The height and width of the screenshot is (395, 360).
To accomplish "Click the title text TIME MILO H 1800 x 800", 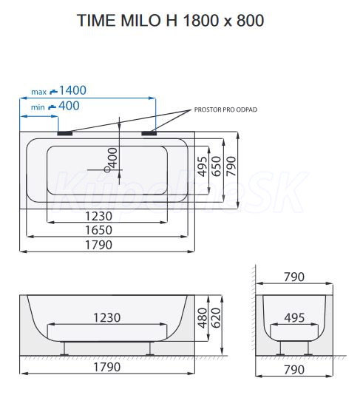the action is coord(171,20).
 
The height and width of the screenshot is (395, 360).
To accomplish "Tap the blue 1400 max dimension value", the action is coord(72,90).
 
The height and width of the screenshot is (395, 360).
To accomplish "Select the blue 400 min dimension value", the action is coord(69,106).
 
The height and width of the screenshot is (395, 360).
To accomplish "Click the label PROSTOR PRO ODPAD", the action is coord(225,109).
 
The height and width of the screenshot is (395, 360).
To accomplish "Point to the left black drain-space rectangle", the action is coord(65,133).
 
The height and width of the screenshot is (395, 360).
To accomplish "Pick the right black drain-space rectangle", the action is coord(149,133).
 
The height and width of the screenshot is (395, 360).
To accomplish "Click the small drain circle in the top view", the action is coord(107,169).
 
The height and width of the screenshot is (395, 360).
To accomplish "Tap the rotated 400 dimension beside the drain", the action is coord(112,158).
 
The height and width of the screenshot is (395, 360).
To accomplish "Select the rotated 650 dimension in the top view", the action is coord(217,166).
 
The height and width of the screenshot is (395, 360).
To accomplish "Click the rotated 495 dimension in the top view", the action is coord(203,166).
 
